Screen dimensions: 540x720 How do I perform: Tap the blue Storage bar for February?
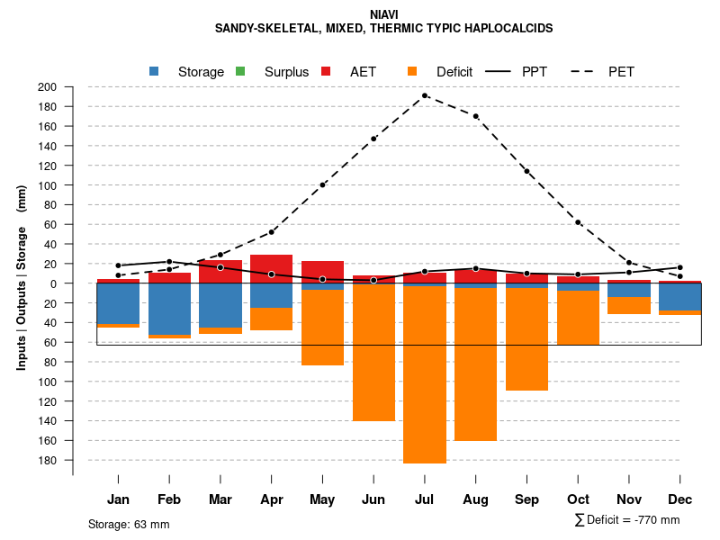(x=169, y=309)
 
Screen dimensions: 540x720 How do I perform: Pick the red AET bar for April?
(x=272, y=268)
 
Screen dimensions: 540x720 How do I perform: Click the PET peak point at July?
(x=425, y=95)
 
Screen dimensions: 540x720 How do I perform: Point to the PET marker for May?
(x=322, y=185)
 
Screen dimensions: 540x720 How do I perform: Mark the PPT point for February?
(x=169, y=262)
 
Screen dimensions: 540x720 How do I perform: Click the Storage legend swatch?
(x=155, y=71)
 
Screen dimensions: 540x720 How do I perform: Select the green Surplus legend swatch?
(x=240, y=71)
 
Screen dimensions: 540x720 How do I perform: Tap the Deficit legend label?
(x=454, y=72)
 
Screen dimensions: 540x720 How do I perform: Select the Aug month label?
(x=475, y=499)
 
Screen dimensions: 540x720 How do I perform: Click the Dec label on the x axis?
(x=679, y=499)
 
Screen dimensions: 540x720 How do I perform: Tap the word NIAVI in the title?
(x=382, y=14)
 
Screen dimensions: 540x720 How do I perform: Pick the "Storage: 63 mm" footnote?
(x=129, y=524)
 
